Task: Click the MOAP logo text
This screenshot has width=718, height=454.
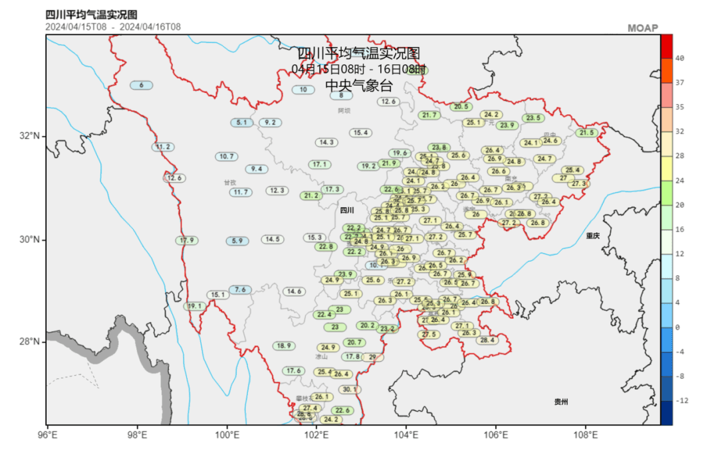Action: (642, 28)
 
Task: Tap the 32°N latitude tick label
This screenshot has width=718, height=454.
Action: (31, 136)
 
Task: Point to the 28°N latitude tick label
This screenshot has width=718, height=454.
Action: (31, 342)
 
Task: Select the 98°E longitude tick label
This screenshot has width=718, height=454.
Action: (137, 435)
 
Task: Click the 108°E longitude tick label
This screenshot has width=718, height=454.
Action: (586, 435)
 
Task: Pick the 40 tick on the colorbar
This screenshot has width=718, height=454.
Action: (679, 58)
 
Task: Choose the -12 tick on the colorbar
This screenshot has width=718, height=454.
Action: (681, 401)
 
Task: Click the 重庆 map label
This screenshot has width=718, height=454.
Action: (593, 236)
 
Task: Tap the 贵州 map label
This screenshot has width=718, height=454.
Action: (561, 402)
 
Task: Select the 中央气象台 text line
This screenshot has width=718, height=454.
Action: (358, 86)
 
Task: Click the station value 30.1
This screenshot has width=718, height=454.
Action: (349, 390)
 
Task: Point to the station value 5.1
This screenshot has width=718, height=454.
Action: (241, 123)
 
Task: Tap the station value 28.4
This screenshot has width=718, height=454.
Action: (487, 340)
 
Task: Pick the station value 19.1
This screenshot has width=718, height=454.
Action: (194, 307)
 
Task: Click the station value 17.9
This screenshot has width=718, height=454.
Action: (187, 240)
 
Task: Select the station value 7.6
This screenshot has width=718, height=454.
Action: (240, 290)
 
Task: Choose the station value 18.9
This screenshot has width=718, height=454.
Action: (284, 346)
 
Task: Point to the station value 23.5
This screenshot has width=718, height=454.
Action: (533, 118)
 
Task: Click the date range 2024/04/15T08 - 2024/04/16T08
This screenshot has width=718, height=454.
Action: (113, 27)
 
